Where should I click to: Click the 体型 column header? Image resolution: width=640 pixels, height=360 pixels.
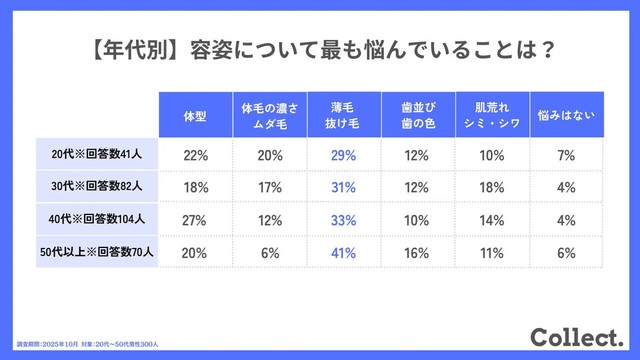click(x=195, y=116)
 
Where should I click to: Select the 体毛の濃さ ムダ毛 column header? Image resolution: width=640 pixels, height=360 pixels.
click(x=269, y=116)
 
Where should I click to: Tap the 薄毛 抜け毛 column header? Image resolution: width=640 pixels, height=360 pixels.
click(x=343, y=116)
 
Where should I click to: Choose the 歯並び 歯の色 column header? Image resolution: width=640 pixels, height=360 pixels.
click(x=417, y=116)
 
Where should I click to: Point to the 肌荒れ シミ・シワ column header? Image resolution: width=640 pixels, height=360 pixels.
click(x=491, y=116)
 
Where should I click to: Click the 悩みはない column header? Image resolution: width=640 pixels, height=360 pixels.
click(x=566, y=116)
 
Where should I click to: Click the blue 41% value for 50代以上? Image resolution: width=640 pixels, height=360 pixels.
click(x=343, y=253)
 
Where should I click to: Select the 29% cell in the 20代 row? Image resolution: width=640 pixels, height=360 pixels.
click(x=343, y=155)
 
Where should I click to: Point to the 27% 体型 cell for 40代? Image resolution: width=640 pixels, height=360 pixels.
click(x=195, y=220)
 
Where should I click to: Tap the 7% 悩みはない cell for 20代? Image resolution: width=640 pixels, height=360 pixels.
click(x=566, y=155)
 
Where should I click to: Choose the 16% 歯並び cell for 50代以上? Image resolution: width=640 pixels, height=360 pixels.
click(x=417, y=253)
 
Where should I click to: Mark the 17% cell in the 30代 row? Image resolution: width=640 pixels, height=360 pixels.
click(x=269, y=188)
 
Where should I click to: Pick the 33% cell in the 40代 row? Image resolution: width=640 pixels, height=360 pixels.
click(x=343, y=220)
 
